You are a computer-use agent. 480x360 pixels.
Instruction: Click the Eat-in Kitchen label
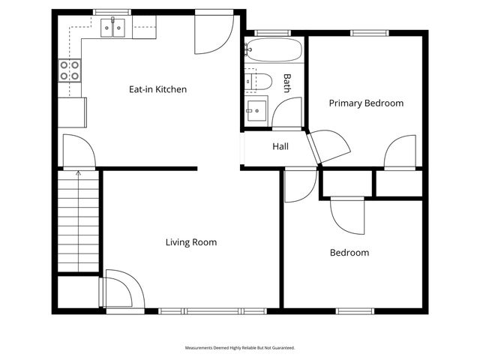157,89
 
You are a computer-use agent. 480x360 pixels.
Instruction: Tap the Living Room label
191,242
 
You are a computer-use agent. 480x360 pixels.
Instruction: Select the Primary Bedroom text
366,103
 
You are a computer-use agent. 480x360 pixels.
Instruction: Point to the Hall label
280,146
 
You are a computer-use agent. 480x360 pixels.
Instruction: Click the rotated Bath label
286,82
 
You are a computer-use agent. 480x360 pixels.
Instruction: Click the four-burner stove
70,70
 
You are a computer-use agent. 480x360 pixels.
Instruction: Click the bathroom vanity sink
256,110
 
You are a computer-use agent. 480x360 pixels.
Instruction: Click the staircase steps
79,225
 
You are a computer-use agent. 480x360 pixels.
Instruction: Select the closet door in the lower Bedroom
346,215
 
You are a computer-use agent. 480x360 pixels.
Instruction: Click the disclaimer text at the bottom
240,348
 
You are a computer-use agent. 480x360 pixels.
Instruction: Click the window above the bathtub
268,33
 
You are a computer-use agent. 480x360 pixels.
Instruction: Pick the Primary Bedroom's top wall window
364,33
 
